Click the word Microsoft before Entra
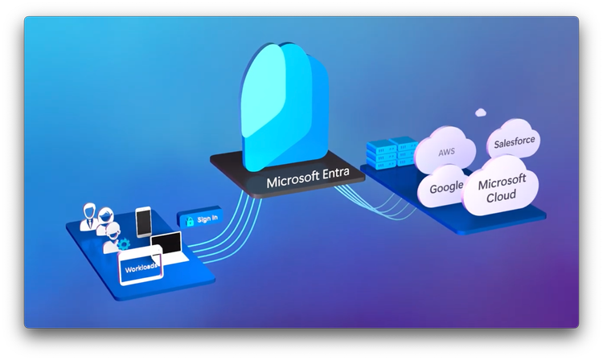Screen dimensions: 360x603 (x=294, y=182)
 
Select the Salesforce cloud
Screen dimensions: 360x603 (x=514, y=143)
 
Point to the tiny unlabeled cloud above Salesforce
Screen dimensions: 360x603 (x=481, y=112)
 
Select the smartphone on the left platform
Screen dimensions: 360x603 (x=143, y=223)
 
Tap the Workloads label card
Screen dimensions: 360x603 (x=140, y=264)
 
